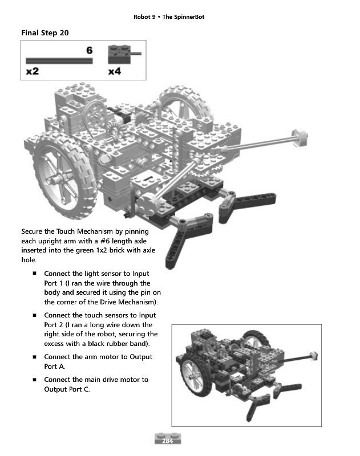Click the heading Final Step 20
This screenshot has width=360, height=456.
pyautogui.click(x=45, y=33)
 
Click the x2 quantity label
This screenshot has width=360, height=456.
pyautogui.click(x=32, y=71)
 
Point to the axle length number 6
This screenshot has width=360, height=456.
pyautogui.click(x=89, y=50)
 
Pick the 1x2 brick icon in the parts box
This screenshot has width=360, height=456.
pyautogui.click(x=119, y=55)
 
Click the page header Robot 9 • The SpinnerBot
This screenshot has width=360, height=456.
pyautogui.click(x=169, y=17)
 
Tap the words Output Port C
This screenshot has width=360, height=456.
pyautogui.click(x=66, y=390)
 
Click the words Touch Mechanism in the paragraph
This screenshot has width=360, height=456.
pyautogui.click(x=85, y=231)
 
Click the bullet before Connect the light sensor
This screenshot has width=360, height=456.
pyautogui.click(x=35, y=274)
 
